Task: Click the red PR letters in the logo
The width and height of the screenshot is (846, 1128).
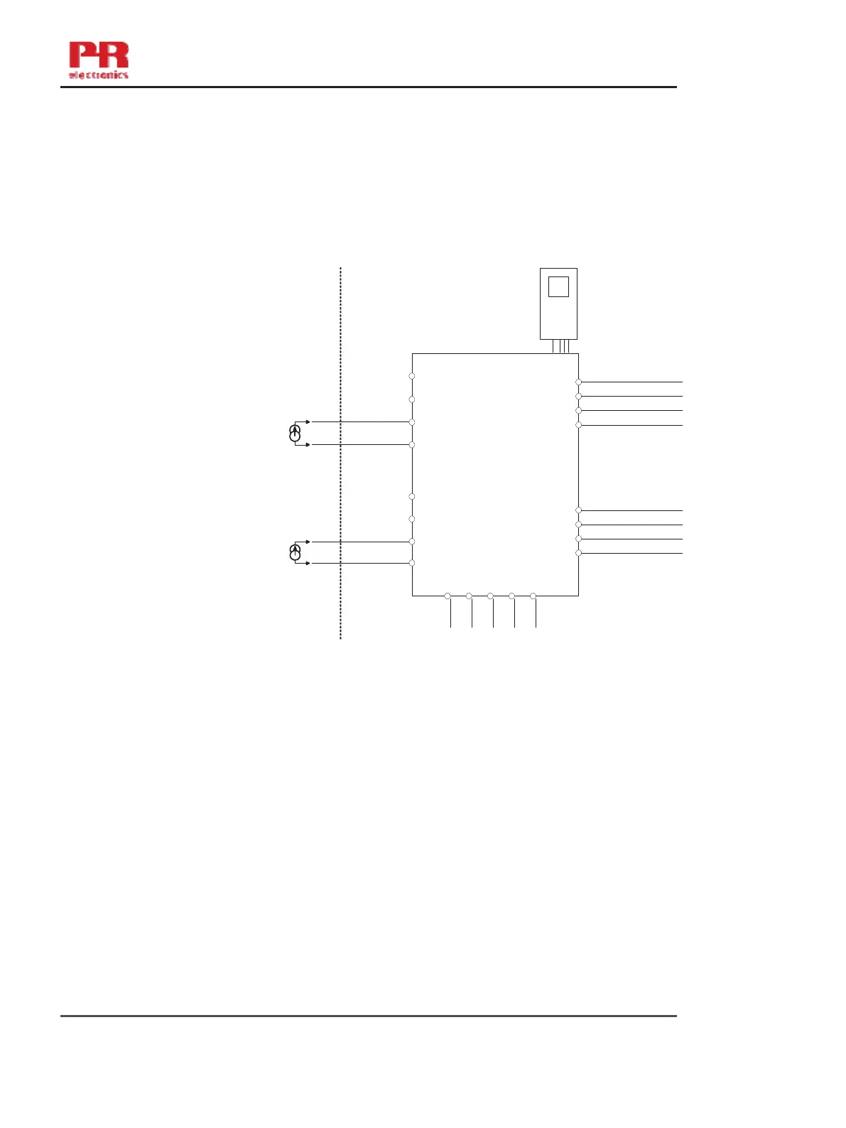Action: click(99, 55)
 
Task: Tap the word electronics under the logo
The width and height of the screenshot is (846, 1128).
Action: click(99, 74)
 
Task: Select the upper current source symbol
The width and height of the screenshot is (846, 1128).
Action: click(295, 433)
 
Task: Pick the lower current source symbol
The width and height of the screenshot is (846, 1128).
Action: click(295, 552)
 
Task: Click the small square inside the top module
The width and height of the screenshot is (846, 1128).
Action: click(558, 286)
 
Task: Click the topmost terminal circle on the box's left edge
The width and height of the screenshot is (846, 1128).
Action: click(412, 376)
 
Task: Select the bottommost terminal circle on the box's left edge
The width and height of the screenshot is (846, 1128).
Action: click(412, 563)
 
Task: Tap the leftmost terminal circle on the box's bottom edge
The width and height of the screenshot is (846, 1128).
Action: click(448, 596)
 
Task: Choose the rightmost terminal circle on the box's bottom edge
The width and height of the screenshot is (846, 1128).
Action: click(533, 596)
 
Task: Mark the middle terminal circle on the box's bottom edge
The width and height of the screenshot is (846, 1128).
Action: click(490, 596)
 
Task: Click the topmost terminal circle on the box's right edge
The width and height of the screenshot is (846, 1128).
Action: click(578, 382)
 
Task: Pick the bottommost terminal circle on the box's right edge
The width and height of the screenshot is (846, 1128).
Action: click(578, 553)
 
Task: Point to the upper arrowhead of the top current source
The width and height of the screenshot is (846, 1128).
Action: click(307, 421)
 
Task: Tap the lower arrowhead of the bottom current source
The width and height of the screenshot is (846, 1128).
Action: click(307, 563)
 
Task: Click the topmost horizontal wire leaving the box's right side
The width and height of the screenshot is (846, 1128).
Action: click(632, 382)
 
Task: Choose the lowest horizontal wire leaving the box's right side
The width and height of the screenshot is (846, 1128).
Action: click(632, 553)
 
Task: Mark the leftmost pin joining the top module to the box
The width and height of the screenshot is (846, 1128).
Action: click(553, 346)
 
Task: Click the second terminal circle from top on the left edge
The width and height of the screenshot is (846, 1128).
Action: click(412, 399)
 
